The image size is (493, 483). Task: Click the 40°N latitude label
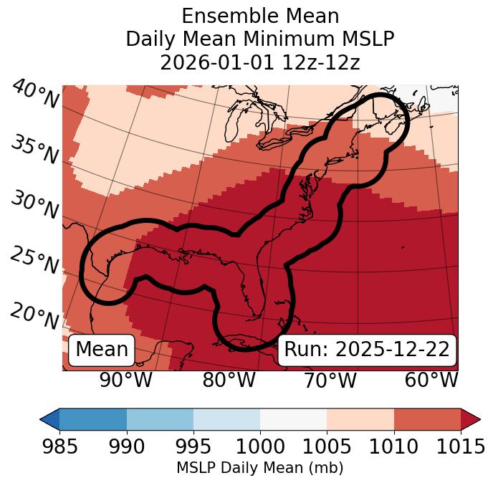point(35,95)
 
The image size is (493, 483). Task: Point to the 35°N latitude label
point(35,150)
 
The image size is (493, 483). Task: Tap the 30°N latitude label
point(35,206)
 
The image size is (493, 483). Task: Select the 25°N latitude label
point(35,261)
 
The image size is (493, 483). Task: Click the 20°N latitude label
point(35,315)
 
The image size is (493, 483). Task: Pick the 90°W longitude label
point(126,380)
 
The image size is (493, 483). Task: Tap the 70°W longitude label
point(330,380)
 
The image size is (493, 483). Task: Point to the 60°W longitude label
point(431,380)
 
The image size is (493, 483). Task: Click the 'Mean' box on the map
point(102,350)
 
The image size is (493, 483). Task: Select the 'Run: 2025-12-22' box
point(367,350)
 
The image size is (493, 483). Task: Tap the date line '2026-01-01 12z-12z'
point(260,62)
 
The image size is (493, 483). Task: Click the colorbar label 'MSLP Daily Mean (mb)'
point(260,468)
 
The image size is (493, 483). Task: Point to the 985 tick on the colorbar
point(59,446)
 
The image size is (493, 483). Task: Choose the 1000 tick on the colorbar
point(260,446)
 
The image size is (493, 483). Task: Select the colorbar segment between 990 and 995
point(160,419)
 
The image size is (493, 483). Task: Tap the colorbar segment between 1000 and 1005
point(294,419)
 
